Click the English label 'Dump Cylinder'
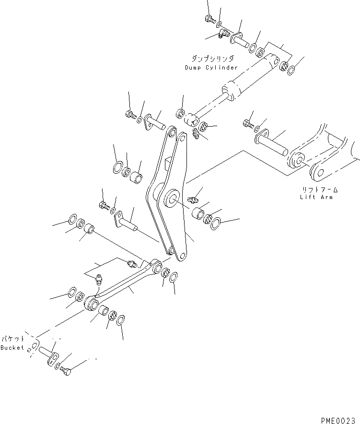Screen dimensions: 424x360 [x=211, y=68]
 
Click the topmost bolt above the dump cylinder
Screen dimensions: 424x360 [x=209, y=20]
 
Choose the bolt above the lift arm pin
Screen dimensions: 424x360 [x=248, y=124]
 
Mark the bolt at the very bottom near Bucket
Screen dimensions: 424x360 [x=67, y=371]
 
